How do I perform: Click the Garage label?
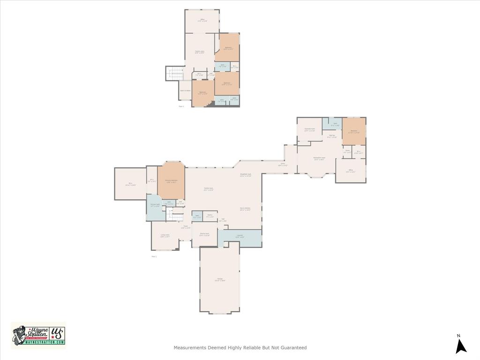pyautogui.click(x=220, y=280)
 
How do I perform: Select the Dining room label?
pyautogui.click(x=204, y=234)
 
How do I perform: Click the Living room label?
pyautogui.click(x=165, y=236)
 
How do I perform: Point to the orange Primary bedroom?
pyautogui.click(x=171, y=181)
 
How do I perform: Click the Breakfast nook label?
pyautogui.click(x=246, y=175)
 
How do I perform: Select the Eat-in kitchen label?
pyautogui.click(x=245, y=209)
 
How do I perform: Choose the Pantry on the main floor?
pyautogui.click(x=210, y=216)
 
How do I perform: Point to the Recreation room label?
pyautogui.click(x=319, y=158)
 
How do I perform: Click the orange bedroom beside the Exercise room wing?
pyautogui.click(x=354, y=131)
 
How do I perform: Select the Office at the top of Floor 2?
pyautogui.click(x=202, y=21)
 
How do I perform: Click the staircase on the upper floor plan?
pyautogui.click(x=175, y=73)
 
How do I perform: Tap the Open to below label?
pyautogui.click(x=185, y=90)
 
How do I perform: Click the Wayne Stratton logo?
pyautogui.click(x=38, y=335)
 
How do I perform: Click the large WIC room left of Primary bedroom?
pyautogui.click(x=130, y=184)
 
